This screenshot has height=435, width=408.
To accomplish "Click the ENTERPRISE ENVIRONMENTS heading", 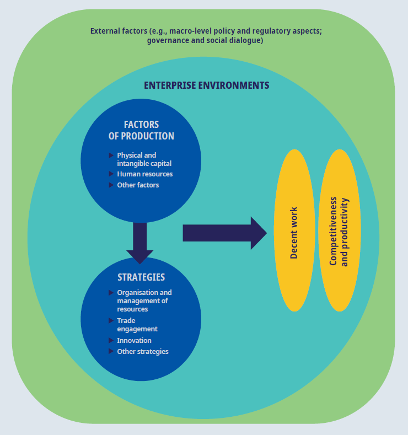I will coord(206,85).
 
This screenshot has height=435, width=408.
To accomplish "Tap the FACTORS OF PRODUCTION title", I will coord(141,131).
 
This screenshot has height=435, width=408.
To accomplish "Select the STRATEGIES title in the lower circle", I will coord(141,277).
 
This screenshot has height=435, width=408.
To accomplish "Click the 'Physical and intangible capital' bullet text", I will coord(144,159).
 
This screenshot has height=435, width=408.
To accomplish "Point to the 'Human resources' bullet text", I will coord(144,174).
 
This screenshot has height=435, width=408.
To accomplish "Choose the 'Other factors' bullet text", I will coord(138,185).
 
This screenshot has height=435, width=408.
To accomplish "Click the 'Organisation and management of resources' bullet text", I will coord(144,301).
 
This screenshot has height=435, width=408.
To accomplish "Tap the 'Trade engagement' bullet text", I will coord(137,325).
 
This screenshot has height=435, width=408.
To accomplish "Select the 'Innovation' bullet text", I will coord(134,341).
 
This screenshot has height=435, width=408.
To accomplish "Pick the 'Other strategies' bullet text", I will coord(142,352).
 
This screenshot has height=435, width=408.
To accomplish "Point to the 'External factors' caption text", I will coord(206,36).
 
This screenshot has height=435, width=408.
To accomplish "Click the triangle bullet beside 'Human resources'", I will coord(111,174).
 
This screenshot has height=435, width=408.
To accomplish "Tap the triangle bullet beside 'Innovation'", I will coord(111,341).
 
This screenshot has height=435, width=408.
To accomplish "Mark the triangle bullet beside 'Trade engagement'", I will coord(111,320).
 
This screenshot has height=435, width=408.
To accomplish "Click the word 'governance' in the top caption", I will coord(168,41).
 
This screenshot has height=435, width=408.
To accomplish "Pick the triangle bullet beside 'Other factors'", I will coord(111,185).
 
